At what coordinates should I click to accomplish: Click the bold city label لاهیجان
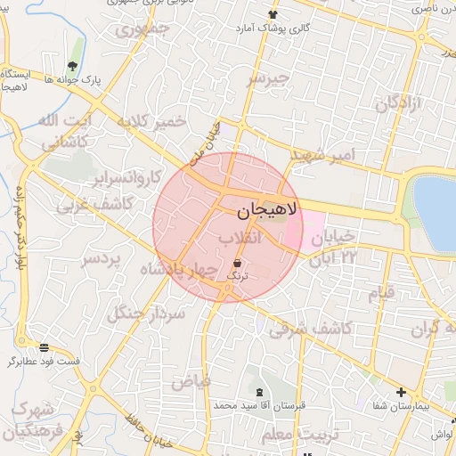pos(269,212)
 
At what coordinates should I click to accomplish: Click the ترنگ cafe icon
pos(237,263)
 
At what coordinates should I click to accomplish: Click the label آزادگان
pos(398,104)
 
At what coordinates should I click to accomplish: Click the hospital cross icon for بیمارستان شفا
pos(401,392)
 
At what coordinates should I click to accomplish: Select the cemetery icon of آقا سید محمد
pos(259,392)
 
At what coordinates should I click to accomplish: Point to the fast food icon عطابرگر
pos(44,346)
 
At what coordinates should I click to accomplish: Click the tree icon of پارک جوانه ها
pos(72,66)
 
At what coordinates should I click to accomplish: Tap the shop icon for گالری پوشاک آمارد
pos(273,14)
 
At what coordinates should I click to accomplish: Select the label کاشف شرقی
pos(309,328)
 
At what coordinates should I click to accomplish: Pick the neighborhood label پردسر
pos(101,259)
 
